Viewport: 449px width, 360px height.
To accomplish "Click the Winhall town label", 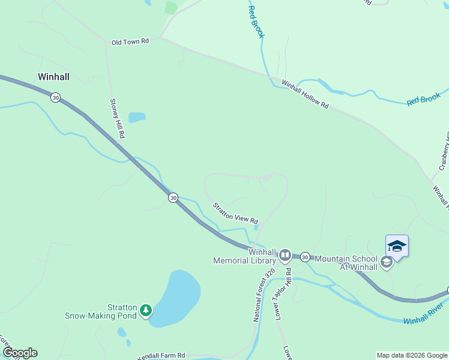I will pos(53,77).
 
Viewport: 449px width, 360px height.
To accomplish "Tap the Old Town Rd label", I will pos(130,42).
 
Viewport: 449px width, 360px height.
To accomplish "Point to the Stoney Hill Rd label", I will pos(117,119).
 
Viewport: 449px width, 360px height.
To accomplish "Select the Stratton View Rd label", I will pos(235,213).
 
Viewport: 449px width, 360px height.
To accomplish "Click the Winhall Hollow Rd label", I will pos(305,94).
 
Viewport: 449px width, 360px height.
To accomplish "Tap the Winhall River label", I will pos(426,317).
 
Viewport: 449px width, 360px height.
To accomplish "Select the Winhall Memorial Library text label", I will pos(244,256).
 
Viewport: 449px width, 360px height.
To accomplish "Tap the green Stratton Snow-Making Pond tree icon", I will pos(146,310).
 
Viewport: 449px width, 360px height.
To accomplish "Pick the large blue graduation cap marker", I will pos(397,246).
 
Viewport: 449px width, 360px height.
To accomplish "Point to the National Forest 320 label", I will pos(264,295).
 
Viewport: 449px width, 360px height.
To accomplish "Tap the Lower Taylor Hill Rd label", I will pos(283,294).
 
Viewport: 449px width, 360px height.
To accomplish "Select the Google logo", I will pos(20,353).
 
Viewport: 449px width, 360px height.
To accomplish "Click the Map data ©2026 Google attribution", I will pos(412,355).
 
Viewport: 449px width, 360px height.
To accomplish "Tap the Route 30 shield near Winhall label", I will pos(55,97).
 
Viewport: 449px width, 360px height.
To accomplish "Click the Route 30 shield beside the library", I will pos(304,256).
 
